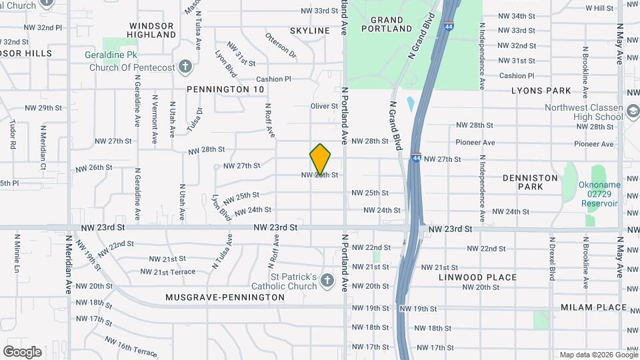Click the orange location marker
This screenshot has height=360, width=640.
click(x=320, y=159)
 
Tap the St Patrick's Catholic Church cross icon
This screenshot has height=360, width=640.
click(x=327, y=281)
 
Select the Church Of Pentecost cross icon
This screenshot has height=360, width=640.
click(x=185, y=67)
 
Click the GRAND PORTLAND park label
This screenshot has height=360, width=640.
click(x=387, y=24)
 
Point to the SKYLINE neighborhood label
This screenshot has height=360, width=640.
click(x=310, y=31)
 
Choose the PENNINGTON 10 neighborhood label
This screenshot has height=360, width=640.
click(x=225, y=89)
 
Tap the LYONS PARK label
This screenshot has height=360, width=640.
click(x=541, y=91)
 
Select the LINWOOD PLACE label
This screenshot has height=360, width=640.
click(x=478, y=277)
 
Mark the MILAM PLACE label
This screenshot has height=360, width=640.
click(x=593, y=307)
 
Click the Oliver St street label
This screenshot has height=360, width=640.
click(x=325, y=106)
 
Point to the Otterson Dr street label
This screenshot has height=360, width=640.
click(x=280, y=44)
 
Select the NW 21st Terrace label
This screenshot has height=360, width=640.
click(x=168, y=271)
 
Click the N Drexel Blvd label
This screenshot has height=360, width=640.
click(x=552, y=257)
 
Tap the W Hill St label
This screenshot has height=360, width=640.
click(x=599, y=8)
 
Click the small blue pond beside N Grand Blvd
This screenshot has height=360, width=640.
click(x=409, y=104)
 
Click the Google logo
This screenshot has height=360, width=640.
click(x=22, y=351)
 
